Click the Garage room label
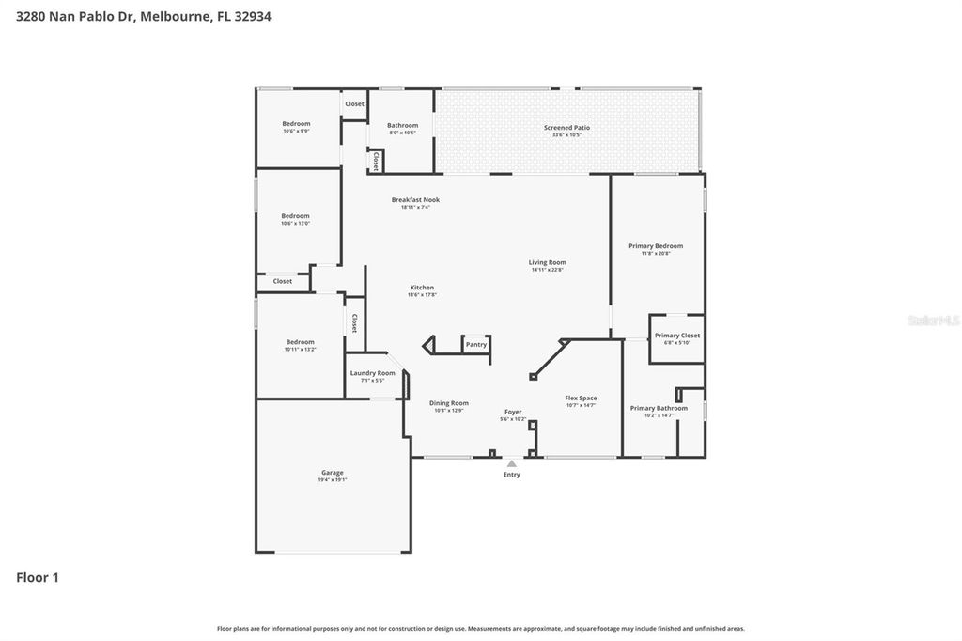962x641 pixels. coord(332,473)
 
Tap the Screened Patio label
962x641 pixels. coord(566,128)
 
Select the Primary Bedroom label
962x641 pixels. coord(656,246)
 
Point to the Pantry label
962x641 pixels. coord(476,345)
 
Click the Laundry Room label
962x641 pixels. coord(372,373)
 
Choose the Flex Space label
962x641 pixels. coord(581,398)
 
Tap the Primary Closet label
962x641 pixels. coord(676,336)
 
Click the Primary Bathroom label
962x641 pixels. coord(659,408)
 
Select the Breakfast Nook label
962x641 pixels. coord(415,199)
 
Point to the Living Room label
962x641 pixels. coord(547,262)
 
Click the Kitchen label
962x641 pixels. coord(422,288)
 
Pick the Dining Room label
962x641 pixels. coord(449,403)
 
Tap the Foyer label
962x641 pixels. coord(513,412)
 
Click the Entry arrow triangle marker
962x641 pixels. coord(511,463)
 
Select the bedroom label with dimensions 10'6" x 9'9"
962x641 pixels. coord(296,123)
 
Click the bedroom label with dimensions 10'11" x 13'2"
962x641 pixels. coord(300,342)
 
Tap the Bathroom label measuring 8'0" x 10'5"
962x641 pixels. coord(402,125)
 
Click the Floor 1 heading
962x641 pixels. coord(38,578)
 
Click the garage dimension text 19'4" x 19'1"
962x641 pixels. coord(332,480)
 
